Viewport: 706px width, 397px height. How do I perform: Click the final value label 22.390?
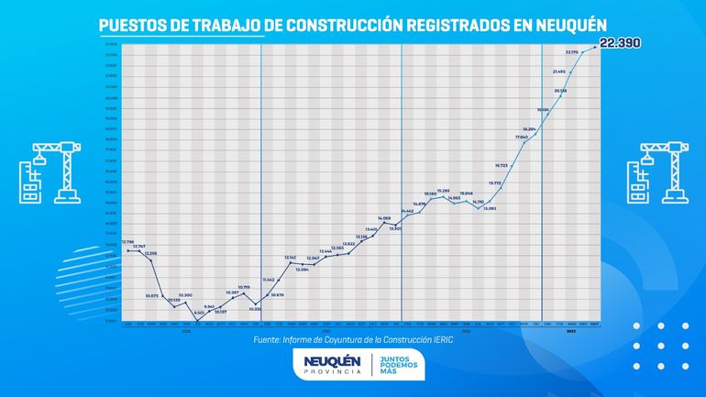coord(625,41)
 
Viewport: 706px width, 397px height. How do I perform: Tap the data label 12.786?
coord(127,242)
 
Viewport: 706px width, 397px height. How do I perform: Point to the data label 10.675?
coord(152,295)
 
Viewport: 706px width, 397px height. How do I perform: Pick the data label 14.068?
coord(384,218)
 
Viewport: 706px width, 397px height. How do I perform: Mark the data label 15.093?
coord(489,208)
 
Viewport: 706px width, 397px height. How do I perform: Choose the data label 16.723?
coord(501,165)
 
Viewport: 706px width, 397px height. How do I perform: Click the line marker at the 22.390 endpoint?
coord(596,46)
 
